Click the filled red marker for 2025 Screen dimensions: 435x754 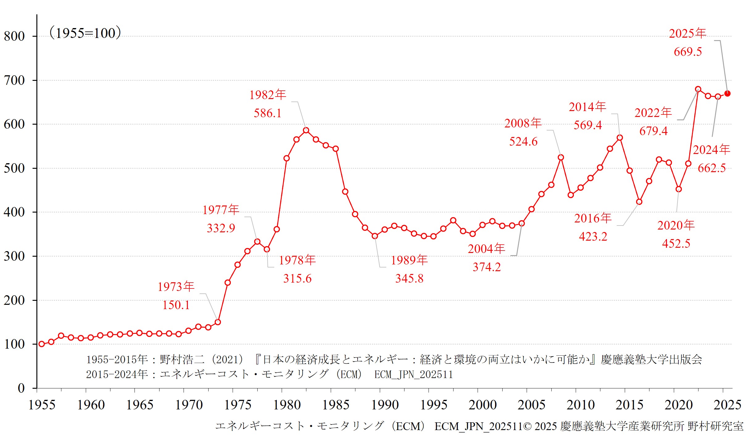click(x=727, y=93)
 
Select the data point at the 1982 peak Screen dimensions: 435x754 click(x=306, y=130)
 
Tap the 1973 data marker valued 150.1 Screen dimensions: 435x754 click(x=218, y=322)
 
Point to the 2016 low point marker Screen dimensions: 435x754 click(x=639, y=202)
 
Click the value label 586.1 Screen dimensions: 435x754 click(x=267, y=113)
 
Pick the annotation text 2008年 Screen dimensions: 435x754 click(x=523, y=123)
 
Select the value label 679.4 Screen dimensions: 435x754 click(x=653, y=131)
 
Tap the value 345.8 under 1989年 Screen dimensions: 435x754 click(x=409, y=279)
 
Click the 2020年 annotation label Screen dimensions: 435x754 click(x=676, y=225)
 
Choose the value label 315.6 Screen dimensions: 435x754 click(x=297, y=279)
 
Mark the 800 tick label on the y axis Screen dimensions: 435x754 click(x=14, y=36)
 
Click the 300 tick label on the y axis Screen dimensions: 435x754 click(x=14, y=256)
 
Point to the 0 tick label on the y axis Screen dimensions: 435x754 click(x=21, y=388)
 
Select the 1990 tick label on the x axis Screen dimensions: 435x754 click(x=385, y=405)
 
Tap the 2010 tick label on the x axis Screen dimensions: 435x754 click(x=581, y=405)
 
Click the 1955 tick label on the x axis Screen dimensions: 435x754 click(x=42, y=405)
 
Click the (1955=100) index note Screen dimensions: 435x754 click(x=85, y=33)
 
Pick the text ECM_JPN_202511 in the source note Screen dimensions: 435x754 click(x=413, y=375)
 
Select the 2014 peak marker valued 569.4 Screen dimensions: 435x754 click(x=620, y=138)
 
